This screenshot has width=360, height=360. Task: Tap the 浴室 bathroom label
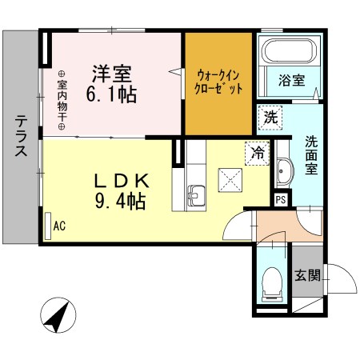click(x=292, y=80)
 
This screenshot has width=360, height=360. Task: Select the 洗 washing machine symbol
click(x=270, y=115)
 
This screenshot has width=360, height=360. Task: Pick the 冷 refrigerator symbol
click(x=258, y=151)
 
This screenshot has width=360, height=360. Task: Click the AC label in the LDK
click(x=59, y=226)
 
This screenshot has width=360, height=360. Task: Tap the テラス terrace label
click(x=21, y=136)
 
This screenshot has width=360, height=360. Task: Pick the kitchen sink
click(x=196, y=194)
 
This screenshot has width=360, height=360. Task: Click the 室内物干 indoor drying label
click(x=61, y=100)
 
